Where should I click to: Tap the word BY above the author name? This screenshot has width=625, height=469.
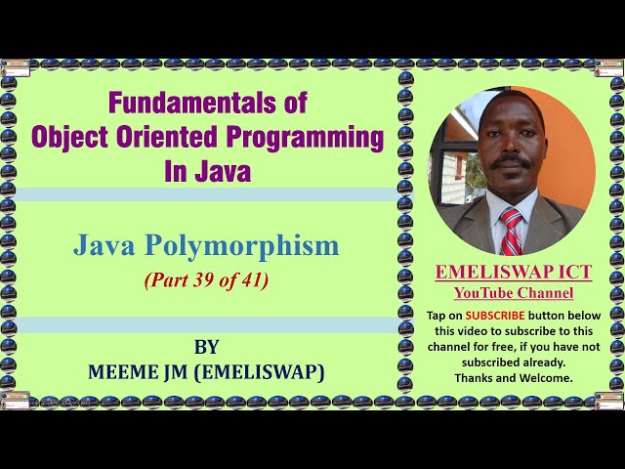pos(206,347)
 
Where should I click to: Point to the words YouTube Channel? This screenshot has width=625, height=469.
pos(513,293)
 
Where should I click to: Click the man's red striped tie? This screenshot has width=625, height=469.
pos(511,233)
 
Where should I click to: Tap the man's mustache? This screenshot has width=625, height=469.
pos(509,161)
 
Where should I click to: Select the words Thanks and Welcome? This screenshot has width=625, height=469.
pos(514,378)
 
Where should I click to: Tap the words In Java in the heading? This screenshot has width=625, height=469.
pos(207,172)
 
